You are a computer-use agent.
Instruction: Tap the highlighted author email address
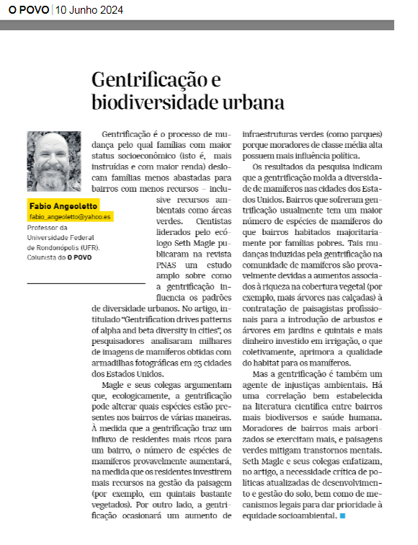71,216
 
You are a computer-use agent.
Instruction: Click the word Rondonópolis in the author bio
61,247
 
